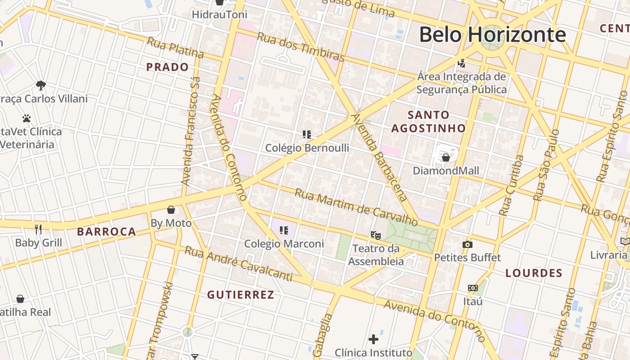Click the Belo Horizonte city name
tap(492, 35)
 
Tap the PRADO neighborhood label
tap(167, 67)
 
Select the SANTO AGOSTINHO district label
tap(428, 121)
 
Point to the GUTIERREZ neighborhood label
tap(240, 295)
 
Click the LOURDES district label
tap(534, 273)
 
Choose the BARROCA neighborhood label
tap(106, 232)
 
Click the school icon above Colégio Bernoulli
tap(307, 134)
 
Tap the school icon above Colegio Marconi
tap(284, 230)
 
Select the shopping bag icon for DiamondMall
tap(445, 157)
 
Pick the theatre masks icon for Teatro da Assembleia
tap(376, 235)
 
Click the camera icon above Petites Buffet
tap(468, 245)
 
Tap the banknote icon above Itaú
tap(472, 288)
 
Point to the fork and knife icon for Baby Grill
tap(38, 229)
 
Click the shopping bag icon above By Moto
tap(171, 210)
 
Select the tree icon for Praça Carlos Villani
tap(41, 85)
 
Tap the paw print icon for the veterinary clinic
tap(27, 119)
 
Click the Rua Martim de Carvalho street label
tap(356, 207)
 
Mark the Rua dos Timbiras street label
tap(300, 47)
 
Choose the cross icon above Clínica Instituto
tap(373, 339)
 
